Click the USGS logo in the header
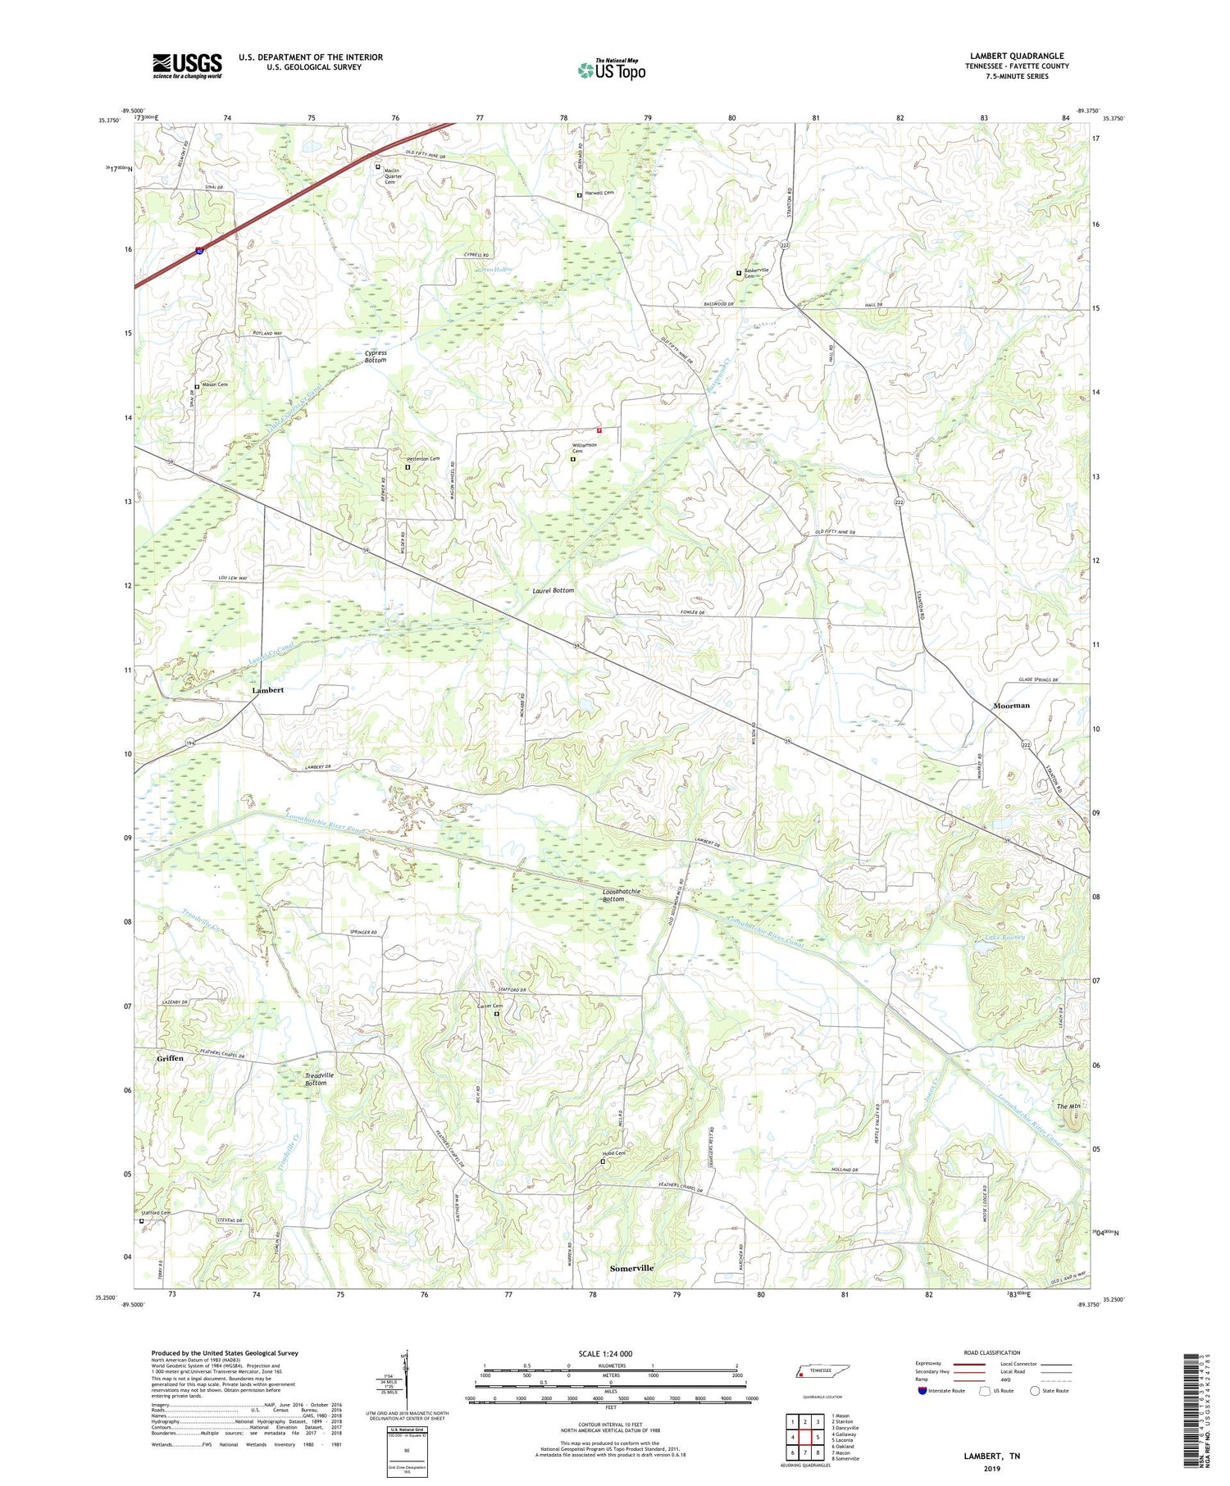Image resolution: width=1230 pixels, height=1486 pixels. tap(187, 66)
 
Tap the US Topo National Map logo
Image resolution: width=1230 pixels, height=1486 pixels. tap(612, 70)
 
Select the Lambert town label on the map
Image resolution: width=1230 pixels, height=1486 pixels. tap(267, 690)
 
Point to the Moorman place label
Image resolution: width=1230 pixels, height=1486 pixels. tap(1011, 705)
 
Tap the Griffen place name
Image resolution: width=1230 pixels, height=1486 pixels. tap(170, 1058)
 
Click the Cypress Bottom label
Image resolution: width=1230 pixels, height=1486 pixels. tap(376, 357)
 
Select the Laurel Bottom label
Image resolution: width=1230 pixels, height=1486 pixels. tap(553, 590)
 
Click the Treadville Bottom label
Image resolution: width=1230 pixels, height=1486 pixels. tap(315, 1079)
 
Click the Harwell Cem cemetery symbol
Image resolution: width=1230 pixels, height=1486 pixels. tap(579, 195)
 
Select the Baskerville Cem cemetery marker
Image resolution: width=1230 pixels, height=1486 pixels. tap(738, 273)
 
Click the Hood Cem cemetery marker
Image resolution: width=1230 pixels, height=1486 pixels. tap(603, 1161)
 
